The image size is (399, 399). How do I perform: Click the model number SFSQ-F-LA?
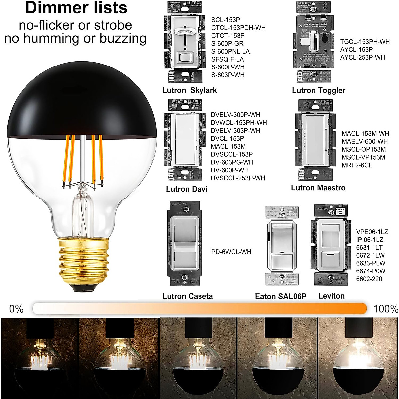(x=227, y=59)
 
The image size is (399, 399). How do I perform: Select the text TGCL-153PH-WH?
(x=365, y=42)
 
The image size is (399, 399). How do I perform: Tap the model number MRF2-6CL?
(x=357, y=165)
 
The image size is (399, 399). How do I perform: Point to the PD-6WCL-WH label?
(x=231, y=252)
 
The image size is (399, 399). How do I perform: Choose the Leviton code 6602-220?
(x=369, y=279)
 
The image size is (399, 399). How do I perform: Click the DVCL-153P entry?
(x=227, y=138)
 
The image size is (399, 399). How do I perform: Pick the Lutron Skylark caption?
(x=190, y=90)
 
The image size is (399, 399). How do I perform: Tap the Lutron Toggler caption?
(x=319, y=90)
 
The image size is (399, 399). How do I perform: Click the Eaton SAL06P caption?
(x=280, y=296)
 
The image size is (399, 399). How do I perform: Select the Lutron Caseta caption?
(x=188, y=296)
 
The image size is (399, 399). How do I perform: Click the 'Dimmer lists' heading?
(x=76, y=8)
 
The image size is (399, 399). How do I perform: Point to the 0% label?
(x=16, y=309)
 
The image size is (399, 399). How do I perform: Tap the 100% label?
(x=385, y=309)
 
